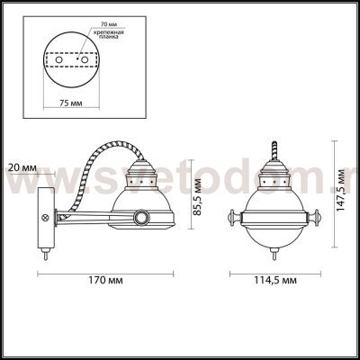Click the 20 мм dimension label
pos(20,167)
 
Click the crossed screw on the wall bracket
pos(42,218)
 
